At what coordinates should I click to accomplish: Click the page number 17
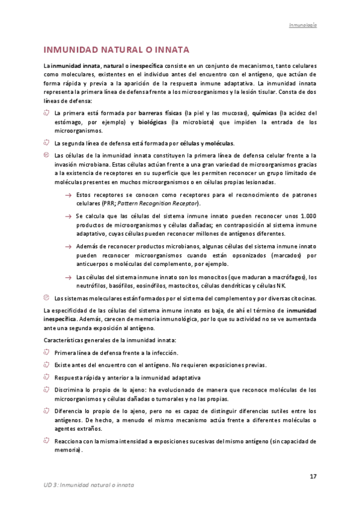pyautogui.click(x=313, y=477)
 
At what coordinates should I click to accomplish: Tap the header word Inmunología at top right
pyautogui.click(x=303, y=26)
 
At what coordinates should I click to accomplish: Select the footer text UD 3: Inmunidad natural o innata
pyautogui.click(x=89, y=485)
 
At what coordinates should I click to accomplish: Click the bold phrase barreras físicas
pyautogui.click(x=160, y=112)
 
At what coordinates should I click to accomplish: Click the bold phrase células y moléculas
pyautogui.click(x=207, y=143)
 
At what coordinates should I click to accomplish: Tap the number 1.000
pyautogui.click(x=308, y=216)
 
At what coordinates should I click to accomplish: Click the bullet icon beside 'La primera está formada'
pyautogui.click(x=47, y=112)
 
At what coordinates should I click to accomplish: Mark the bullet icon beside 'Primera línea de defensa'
pyautogui.click(x=47, y=352)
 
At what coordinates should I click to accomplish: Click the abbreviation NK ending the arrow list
pyautogui.click(x=281, y=286)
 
